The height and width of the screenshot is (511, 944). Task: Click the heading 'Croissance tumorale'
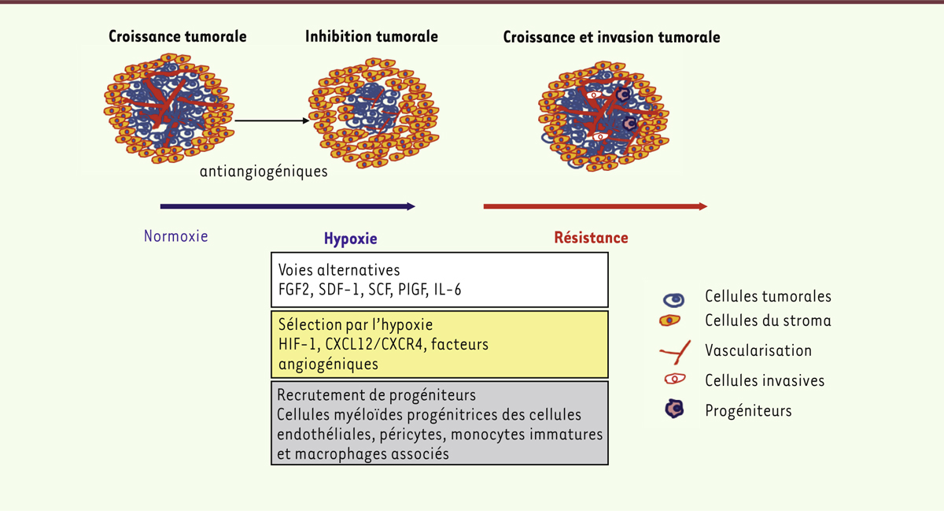tap(178, 37)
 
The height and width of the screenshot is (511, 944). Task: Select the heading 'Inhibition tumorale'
tap(371, 37)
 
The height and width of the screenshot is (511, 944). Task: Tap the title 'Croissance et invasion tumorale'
tap(611, 37)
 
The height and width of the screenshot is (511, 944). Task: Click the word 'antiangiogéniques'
tap(264, 172)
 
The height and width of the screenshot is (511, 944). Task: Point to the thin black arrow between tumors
tap(272, 120)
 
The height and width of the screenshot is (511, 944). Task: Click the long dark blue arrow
tap(288, 206)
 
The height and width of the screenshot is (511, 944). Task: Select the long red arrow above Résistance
tap(595, 206)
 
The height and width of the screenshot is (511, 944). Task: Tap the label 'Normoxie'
tap(175, 236)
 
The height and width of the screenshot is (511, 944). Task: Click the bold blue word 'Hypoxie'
tap(350, 239)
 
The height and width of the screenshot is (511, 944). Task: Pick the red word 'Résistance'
tap(591, 238)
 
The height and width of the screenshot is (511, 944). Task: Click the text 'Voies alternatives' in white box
tap(339, 270)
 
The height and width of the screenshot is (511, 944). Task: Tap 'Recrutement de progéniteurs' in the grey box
tap(376, 395)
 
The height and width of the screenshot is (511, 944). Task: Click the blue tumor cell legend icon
tap(673, 300)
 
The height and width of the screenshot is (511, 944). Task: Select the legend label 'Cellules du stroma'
tap(768, 320)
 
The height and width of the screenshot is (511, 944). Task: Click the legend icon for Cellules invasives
tap(675, 379)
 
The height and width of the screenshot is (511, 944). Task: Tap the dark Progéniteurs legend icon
tap(674, 409)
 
